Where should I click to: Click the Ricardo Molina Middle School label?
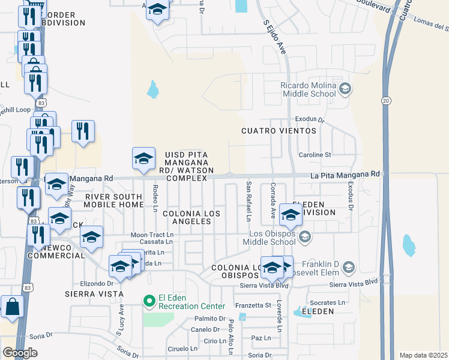click(308, 89)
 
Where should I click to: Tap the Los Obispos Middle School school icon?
click(305, 237)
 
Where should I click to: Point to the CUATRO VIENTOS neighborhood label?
click(279, 130)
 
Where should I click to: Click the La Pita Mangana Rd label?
click(345, 174)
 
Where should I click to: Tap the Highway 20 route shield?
click(386, 101)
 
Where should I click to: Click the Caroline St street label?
click(315, 155)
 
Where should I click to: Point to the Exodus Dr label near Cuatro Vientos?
click(310, 120)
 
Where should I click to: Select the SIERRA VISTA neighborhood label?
click(94, 294)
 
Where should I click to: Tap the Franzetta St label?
click(253, 305)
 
